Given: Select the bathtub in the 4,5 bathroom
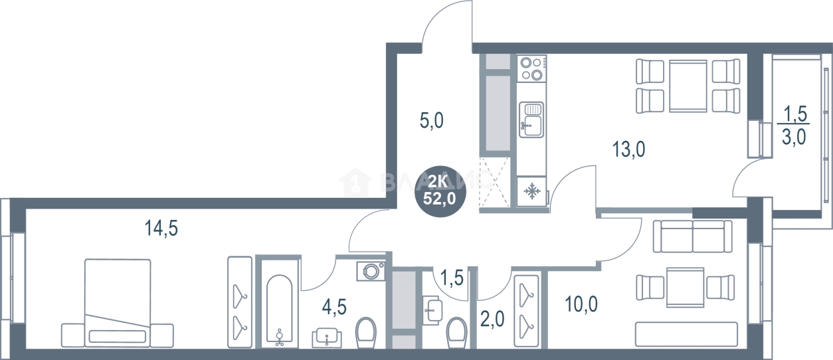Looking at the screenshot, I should tap(277, 299).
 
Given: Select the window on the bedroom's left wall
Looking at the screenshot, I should tap(8, 279).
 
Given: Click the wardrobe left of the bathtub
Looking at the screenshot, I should tap(236, 299).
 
